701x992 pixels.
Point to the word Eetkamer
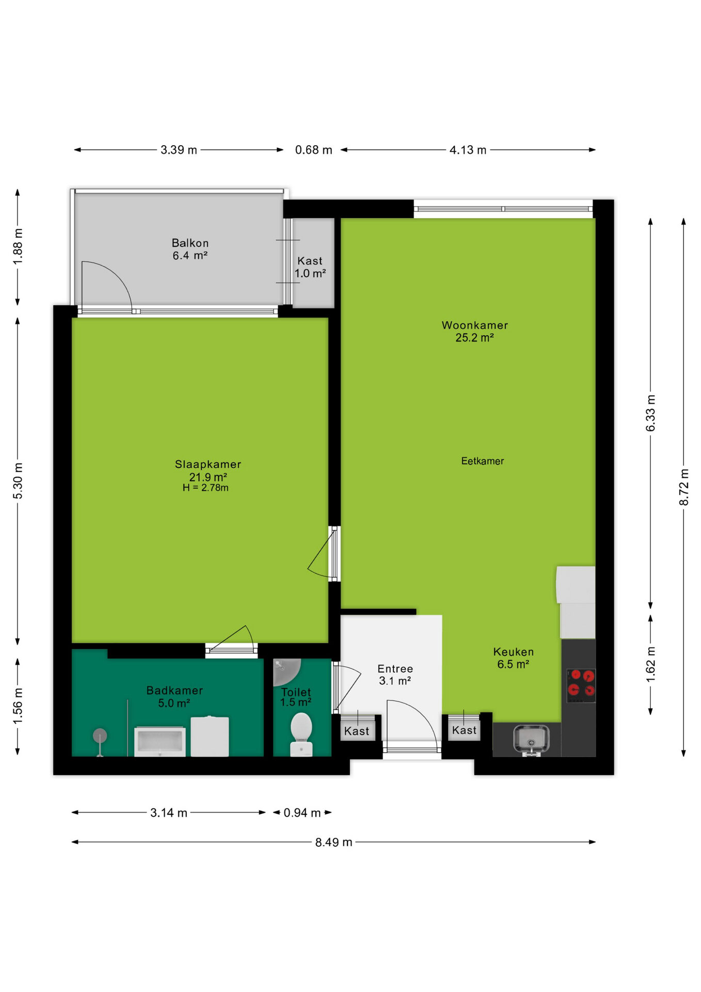(x=483, y=461)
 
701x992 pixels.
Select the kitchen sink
(x=531, y=739)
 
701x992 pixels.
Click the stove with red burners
(x=581, y=686)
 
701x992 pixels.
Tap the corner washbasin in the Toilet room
(x=285, y=671)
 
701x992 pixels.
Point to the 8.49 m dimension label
(x=334, y=842)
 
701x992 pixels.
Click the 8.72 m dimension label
(x=684, y=487)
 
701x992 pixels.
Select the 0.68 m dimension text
(x=313, y=150)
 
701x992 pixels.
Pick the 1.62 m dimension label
(x=651, y=664)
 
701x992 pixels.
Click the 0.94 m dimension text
(x=302, y=813)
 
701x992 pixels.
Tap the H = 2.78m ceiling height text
(x=205, y=488)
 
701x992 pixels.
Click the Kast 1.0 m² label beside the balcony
(x=310, y=267)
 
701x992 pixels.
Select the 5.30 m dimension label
(x=18, y=481)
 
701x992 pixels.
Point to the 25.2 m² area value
(x=474, y=338)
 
